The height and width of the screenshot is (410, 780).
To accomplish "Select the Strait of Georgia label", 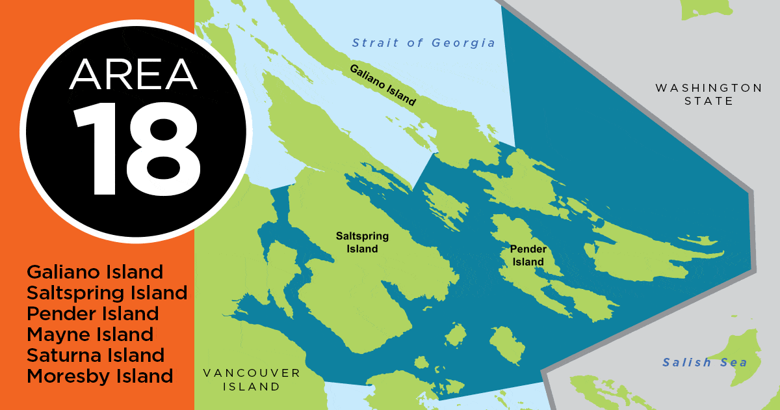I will pyautogui.click(x=424, y=43).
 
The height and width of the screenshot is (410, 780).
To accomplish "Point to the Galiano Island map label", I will pyautogui.click(x=382, y=85).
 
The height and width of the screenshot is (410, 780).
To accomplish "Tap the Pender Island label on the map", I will pyautogui.click(x=527, y=256).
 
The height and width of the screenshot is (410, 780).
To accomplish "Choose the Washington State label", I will pyautogui.click(x=708, y=94).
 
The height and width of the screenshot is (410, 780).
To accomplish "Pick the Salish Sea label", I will pyautogui.click(x=705, y=362).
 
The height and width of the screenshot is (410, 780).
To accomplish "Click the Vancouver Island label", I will pyautogui.click(x=252, y=379).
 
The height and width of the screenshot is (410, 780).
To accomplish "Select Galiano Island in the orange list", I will pyautogui.click(x=95, y=271).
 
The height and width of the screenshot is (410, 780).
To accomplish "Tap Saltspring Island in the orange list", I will pyautogui.click(x=107, y=292).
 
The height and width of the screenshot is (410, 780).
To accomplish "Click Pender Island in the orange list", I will pyautogui.click(x=93, y=313).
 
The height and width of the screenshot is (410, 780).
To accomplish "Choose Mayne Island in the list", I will pyautogui.click(x=90, y=335).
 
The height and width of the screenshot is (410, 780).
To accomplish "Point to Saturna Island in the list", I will pyautogui.click(x=96, y=355).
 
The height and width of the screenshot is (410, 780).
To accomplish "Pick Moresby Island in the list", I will pyautogui.click(x=100, y=376).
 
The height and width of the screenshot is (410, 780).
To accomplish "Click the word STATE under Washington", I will pyautogui.click(x=708, y=102).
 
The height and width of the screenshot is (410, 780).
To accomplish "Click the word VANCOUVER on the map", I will pyautogui.click(x=252, y=373).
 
